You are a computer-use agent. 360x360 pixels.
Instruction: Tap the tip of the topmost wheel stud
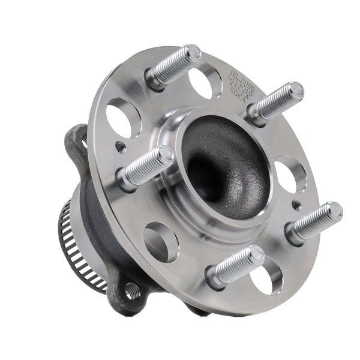point(193,53)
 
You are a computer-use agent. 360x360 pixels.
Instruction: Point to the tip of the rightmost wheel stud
point(335,211)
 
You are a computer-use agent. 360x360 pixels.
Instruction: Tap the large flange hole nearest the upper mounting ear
point(123,118)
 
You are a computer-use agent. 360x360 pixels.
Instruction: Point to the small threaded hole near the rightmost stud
point(296,205)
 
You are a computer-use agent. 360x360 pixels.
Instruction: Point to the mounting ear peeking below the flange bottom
point(198,309)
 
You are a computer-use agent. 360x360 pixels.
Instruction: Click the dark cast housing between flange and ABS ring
point(99,228)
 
